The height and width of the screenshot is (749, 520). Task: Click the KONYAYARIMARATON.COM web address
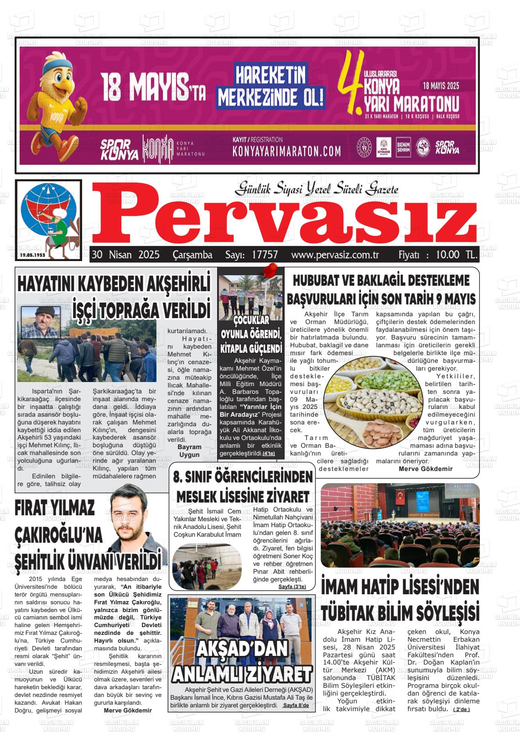(x=286, y=151)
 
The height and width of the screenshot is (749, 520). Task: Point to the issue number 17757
(x=265, y=255)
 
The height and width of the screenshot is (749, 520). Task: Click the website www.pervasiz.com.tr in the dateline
(x=335, y=255)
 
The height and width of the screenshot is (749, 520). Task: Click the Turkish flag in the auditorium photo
(x=400, y=499)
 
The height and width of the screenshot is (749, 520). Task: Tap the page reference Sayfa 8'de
(x=296, y=705)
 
